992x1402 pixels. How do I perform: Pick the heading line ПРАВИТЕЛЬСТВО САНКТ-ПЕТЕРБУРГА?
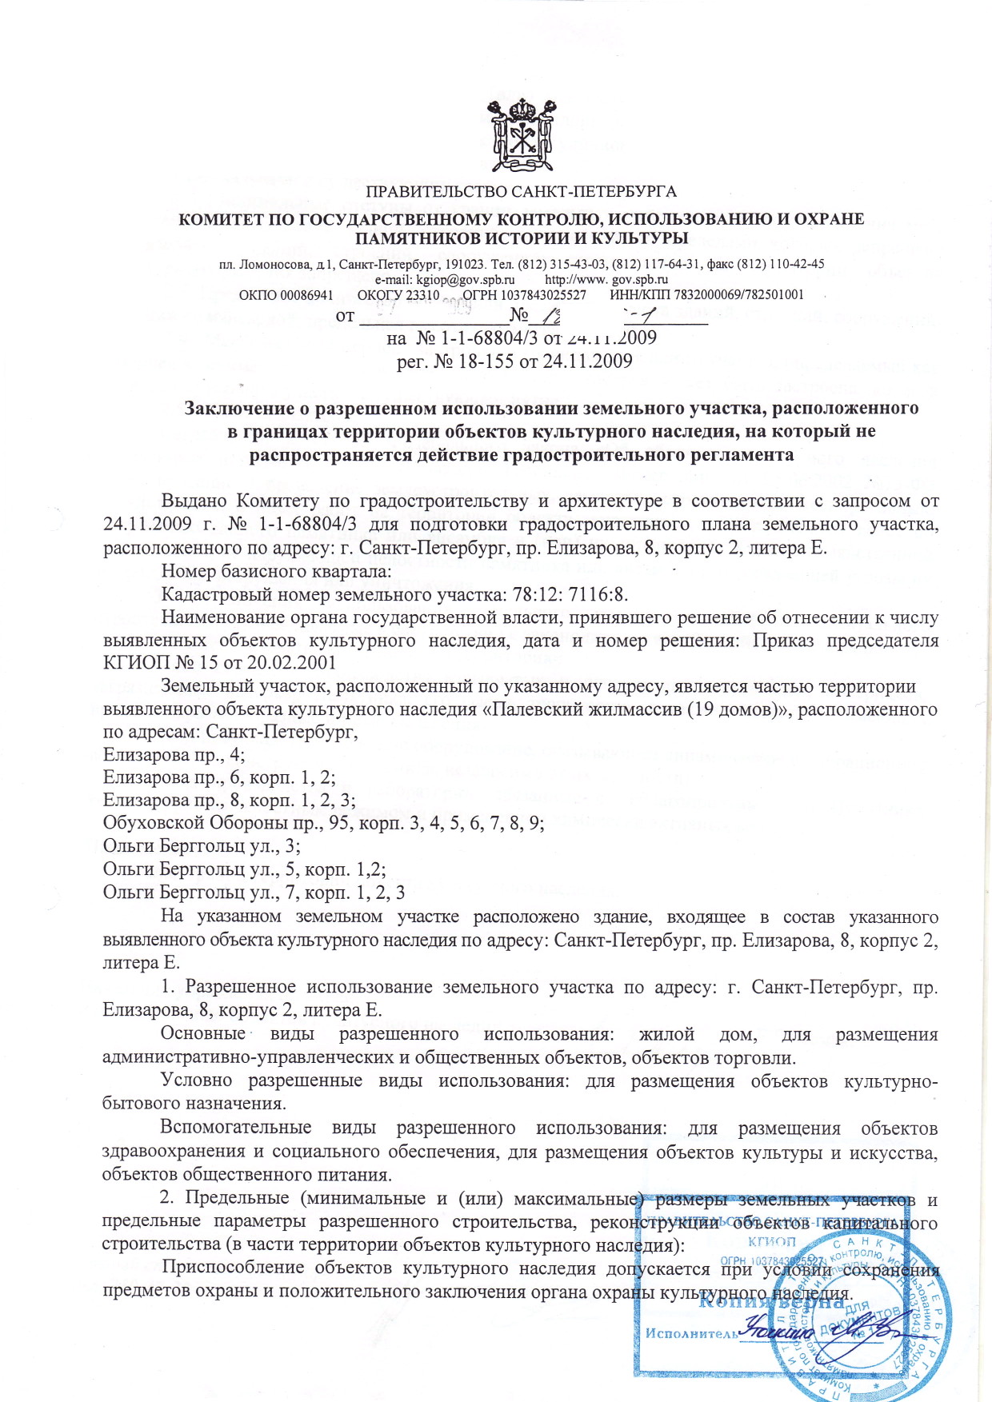[521, 192]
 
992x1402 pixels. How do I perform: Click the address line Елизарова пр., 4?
[174, 754]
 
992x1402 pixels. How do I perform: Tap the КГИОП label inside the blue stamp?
[771, 1241]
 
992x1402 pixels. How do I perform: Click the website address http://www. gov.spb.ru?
[606, 279]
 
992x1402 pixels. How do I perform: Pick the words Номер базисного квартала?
[276, 570]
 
